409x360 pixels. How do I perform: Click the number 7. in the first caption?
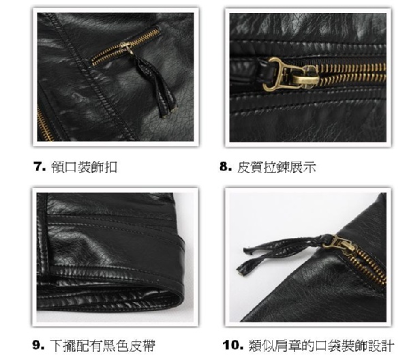pyautogui.click(x=40, y=166)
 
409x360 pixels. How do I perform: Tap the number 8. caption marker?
pyautogui.click(x=226, y=166)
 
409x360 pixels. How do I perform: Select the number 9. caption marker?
pyautogui.click(x=38, y=345)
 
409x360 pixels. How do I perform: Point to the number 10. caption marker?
pyautogui.click(x=233, y=345)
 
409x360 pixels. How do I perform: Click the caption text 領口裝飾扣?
pyautogui.click(x=84, y=167)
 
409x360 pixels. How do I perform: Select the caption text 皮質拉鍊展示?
pyautogui.click(x=277, y=167)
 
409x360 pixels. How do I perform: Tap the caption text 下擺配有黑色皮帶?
pyautogui.click(x=102, y=346)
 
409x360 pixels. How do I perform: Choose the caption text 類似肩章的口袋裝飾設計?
pyautogui.click(x=321, y=346)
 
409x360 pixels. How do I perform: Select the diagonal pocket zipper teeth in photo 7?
pyautogui.click(x=125, y=47)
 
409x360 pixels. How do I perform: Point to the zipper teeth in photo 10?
pyautogui.click(x=370, y=265)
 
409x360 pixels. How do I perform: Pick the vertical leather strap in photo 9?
pyautogui.click(x=42, y=235)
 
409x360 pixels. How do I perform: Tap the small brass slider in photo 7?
pyautogui.click(x=127, y=48)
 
